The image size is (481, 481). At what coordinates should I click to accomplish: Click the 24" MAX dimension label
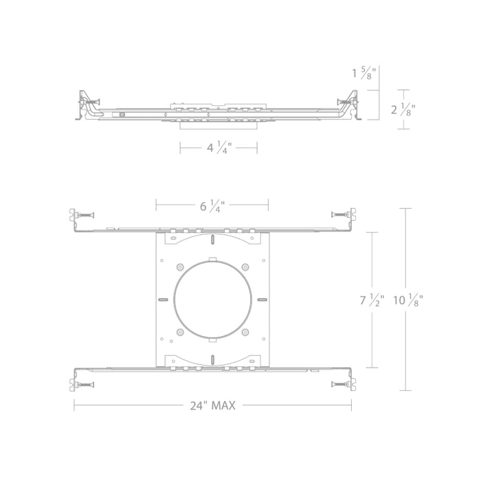click(213, 405)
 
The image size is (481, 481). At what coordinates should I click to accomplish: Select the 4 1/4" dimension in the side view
click(218, 148)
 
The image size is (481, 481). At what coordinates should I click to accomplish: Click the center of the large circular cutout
click(212, 300)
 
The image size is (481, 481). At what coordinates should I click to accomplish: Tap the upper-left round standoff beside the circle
click(180, 268)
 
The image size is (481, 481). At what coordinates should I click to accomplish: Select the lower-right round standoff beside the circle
click(245, 332)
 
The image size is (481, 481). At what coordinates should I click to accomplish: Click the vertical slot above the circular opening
click(213, 240)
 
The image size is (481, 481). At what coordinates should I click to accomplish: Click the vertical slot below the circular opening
click(213, 359)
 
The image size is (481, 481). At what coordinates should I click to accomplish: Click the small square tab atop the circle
click(213, 261)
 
